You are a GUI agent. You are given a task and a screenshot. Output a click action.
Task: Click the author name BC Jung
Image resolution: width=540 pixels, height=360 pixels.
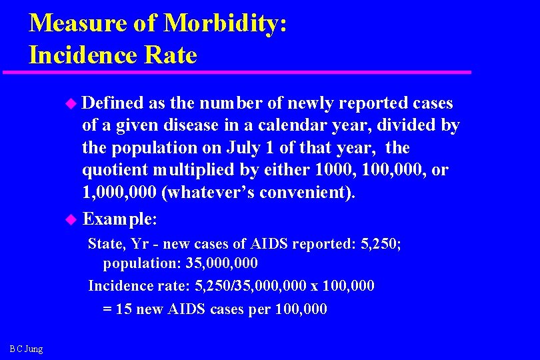pyautogui.click(x=27, y=349)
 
